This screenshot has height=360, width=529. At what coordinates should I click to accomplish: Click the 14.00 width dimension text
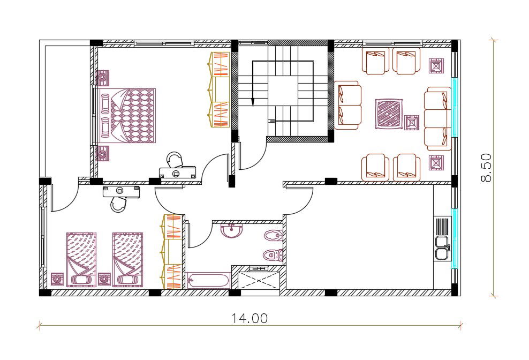pyautogui.click(x=250, y=318)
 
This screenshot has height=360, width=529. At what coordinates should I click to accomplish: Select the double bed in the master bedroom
pyautogui.click(x=127, y=116)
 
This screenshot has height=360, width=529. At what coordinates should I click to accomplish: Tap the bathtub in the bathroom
pyautogui.click(x=208, y=281)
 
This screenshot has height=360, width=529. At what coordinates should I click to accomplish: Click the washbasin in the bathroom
pyautogui.click(x=232, y=230)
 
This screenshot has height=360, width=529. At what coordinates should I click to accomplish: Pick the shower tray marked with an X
pyautogui.click(x=259, y=280)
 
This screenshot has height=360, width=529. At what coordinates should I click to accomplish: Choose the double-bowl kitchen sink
pyautogui.click(x=442, y=248)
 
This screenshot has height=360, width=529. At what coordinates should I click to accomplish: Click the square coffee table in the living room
pyautogui.click(x=389, y=114)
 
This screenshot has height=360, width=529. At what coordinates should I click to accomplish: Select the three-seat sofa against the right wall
pyautogui.click(x=438, y=118)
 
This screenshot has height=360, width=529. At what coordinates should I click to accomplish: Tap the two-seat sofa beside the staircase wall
pyautogui.click(x=348, y=105)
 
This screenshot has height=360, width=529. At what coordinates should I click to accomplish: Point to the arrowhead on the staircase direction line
pyautogui.click(x=253, y=101)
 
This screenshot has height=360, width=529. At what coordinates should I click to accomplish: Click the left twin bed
pyautogui.click(x=81, y=259)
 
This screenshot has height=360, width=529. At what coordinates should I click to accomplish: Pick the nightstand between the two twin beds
pyautogui.click(x=104, y=279)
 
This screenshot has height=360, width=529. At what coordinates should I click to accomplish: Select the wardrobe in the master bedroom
pyautogui.click(x=218, y=90)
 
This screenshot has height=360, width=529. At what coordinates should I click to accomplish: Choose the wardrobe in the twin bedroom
pyautogui.click(x=172, y=252)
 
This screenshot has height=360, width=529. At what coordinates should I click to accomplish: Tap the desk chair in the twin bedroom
pyautogui.click(x=118, y=205)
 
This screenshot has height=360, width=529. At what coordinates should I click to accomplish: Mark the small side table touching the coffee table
pyautogui.click(x=412, y=123)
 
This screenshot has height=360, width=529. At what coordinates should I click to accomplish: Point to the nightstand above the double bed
pyautogui.click(x=102, y=78)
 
